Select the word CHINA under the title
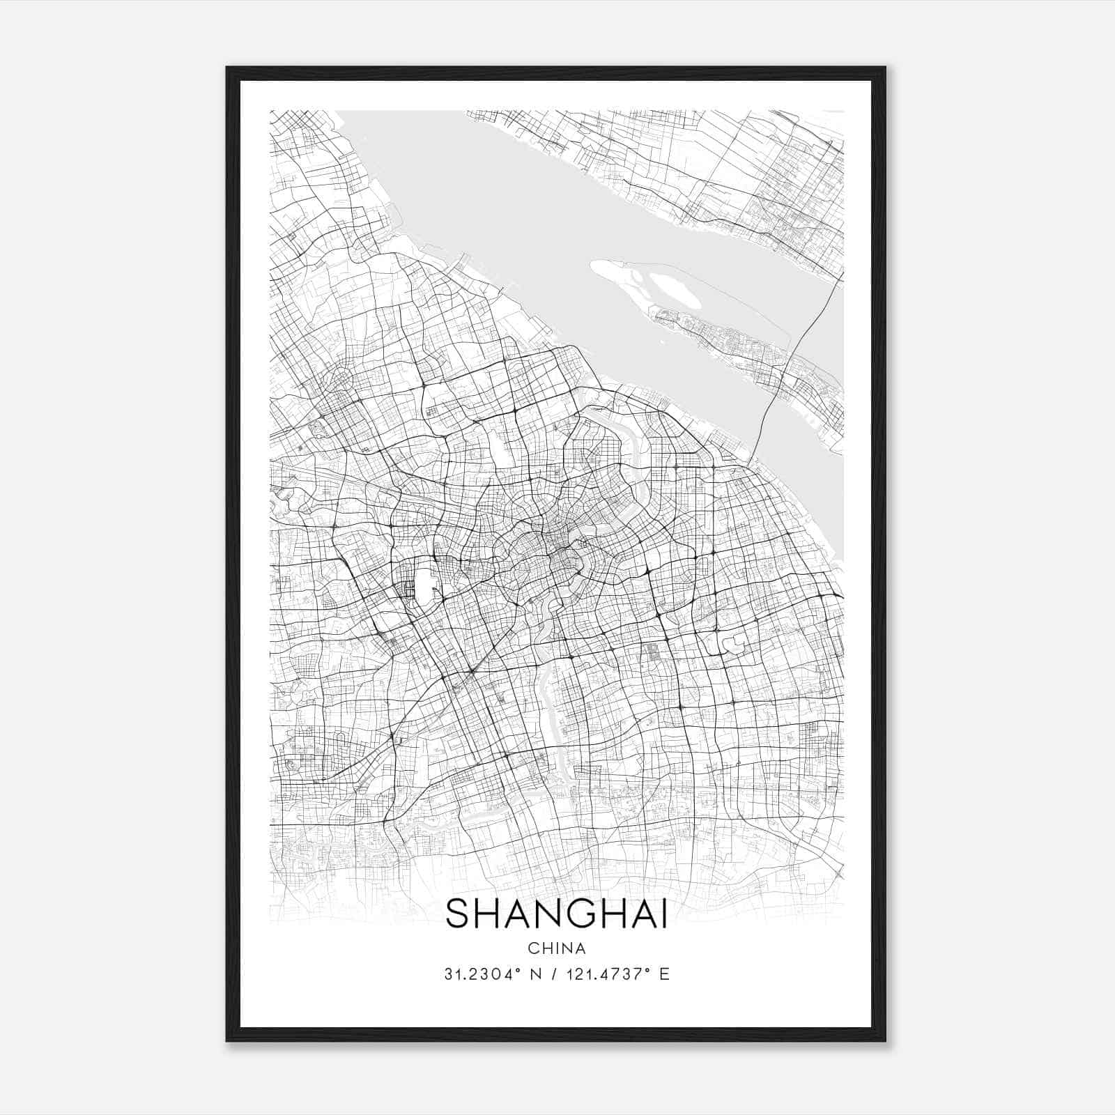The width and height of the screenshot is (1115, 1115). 557,948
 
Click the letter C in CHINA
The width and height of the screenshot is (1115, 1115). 533,948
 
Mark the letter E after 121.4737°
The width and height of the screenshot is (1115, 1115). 664,974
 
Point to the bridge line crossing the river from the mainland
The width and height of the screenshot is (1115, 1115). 774,397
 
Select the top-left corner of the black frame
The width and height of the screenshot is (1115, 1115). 227,68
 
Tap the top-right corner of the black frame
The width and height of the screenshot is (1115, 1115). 884,68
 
